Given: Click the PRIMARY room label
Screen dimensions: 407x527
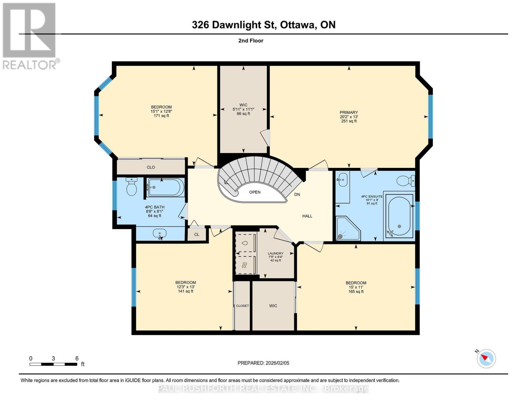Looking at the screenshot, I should [349, 113].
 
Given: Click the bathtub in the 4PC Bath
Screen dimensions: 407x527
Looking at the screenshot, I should [166, 187].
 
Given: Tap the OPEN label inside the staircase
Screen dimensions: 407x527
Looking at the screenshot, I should [255, 192].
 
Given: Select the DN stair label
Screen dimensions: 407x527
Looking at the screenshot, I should [297, 194].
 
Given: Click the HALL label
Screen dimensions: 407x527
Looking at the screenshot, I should [307, 216].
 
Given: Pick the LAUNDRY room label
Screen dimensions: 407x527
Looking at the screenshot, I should [276, 253].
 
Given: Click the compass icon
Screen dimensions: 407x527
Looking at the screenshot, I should [486, 358].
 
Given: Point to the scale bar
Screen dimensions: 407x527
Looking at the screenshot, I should [53, 364].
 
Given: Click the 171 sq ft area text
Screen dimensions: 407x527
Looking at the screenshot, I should [161, 116].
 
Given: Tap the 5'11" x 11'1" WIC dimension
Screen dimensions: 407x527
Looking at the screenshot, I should [243, 110].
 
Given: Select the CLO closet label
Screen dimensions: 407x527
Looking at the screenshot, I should [151, 167].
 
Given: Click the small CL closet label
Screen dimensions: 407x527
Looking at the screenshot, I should [197, 234].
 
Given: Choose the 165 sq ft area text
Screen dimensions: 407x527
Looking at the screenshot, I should [356, 292].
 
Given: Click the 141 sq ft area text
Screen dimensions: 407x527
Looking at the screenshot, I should [186, 291].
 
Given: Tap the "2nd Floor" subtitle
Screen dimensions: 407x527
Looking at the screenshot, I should [251, 41].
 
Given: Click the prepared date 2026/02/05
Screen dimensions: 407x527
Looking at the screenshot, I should [263, 363].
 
